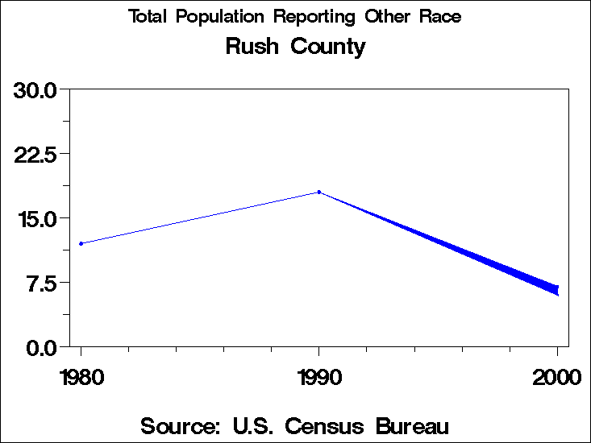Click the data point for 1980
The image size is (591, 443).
point(81,243)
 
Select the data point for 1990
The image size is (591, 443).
point(319,192)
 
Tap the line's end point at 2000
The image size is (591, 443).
point(556,289)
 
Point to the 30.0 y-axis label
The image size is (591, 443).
point(35,89)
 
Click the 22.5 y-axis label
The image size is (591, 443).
point(35,154)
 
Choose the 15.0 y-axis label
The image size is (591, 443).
point(35,218)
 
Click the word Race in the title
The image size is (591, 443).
point(439,17)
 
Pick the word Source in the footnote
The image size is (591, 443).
point(181,425)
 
